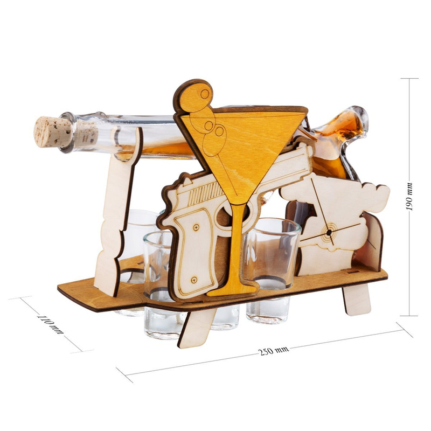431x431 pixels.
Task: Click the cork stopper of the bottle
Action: pos(52,132)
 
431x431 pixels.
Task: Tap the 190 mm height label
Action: pos(409,196)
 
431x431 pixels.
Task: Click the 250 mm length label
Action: pos(274,351)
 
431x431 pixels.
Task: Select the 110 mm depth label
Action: pos(50,325)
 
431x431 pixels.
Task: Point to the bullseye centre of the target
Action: pos(329,233)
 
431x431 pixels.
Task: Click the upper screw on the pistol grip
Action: pos(196,227)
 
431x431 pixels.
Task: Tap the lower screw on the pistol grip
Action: pos(194,280)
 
